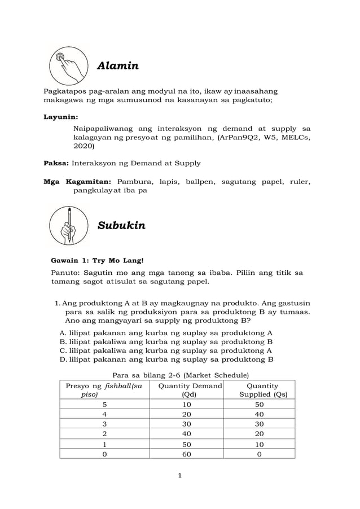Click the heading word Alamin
click(x=118, y=66)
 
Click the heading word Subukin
click(x=121, y=226)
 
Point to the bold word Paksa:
click(x=56, y=163)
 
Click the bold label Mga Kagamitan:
click(x=78, y=182)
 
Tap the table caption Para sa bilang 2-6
click(x=181, y=375)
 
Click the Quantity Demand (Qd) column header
click(x=190, y=390)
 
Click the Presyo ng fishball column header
click(x=104, y=390)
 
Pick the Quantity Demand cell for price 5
click(x=186, y=405)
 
